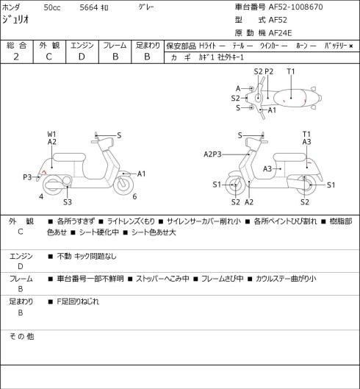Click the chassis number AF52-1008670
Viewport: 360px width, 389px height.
click(x=295, y=7)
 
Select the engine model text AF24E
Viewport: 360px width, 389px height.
click(x=280, y=33)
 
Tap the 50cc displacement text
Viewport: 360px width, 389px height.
click(x=52, y=7)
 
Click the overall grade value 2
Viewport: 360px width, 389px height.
click(x=16, y=57)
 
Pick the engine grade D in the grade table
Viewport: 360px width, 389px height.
click(x=82, y=57)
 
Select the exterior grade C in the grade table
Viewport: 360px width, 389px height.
click(x=48, y=57)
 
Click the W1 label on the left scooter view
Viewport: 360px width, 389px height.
click(x=51, y=135)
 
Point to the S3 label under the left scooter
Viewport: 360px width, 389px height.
click(x=68, y=202)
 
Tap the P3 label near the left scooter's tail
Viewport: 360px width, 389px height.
click(x=27, y=177)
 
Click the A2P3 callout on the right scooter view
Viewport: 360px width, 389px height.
click(x=212, y=154)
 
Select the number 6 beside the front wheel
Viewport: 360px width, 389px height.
click(x=134, y=197)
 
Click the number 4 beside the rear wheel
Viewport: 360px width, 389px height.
click(x=41, y=197)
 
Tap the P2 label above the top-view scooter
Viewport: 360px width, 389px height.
click(x=269, y=72)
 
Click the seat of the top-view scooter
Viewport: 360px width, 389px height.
click(x=290, y=98)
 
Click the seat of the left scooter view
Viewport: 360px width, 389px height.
click(x=69, y=157)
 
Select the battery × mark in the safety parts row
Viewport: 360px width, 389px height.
click(x=351, y=46)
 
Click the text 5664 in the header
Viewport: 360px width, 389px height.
click(x=89, y=7)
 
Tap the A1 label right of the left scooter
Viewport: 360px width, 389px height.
click(x=141, y=174)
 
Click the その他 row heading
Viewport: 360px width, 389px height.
click(x=21, y=337)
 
